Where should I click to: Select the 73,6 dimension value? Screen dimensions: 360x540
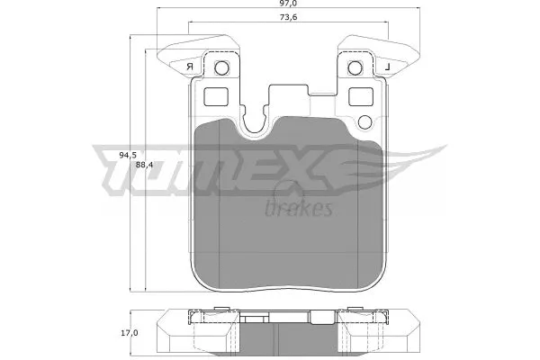288,19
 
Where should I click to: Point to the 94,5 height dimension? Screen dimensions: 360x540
129,155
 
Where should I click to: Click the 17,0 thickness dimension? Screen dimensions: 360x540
130,334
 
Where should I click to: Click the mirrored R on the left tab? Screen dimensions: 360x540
189,67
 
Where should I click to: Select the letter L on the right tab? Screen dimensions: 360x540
386,67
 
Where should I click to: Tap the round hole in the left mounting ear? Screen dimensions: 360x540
223,67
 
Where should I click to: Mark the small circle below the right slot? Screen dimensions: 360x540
364,122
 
